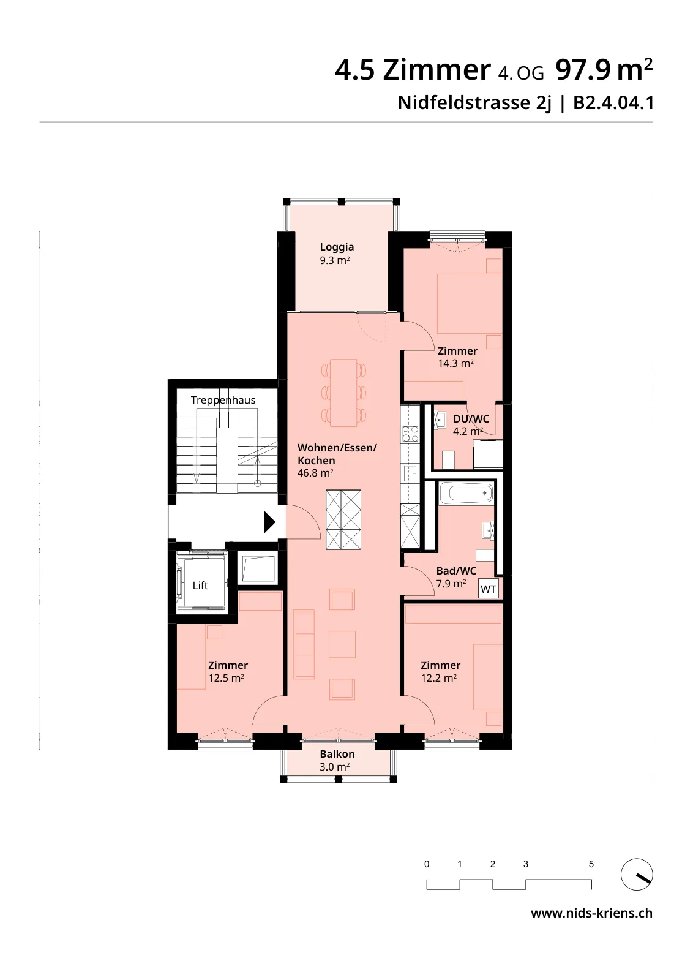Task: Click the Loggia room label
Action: tap(337, 247)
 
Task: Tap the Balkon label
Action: tap(337, 754)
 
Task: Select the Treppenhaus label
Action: tap(223, 401)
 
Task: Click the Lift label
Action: tap(200, 586)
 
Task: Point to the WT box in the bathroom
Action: tap(489, 589)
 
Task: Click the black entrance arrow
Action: tap(269, 522)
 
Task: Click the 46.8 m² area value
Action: tap(315, 473)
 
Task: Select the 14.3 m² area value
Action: tap(456, 363)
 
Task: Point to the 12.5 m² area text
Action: tap(226, 678)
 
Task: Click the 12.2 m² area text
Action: tap(439, 678)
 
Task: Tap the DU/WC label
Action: tap(471, 419)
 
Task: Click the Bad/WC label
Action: tap(456, 571)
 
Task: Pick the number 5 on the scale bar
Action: tap(591, 864)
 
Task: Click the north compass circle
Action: tap(637, 874)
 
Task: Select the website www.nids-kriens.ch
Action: tap(591, 913)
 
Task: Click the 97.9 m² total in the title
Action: tap(604, 70)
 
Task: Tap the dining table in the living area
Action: tap(343, 393)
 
